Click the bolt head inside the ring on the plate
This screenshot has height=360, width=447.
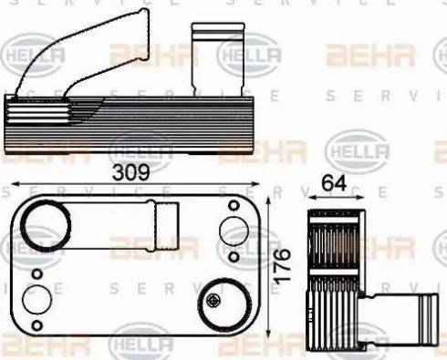217,302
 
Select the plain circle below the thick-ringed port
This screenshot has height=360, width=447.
37,300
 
